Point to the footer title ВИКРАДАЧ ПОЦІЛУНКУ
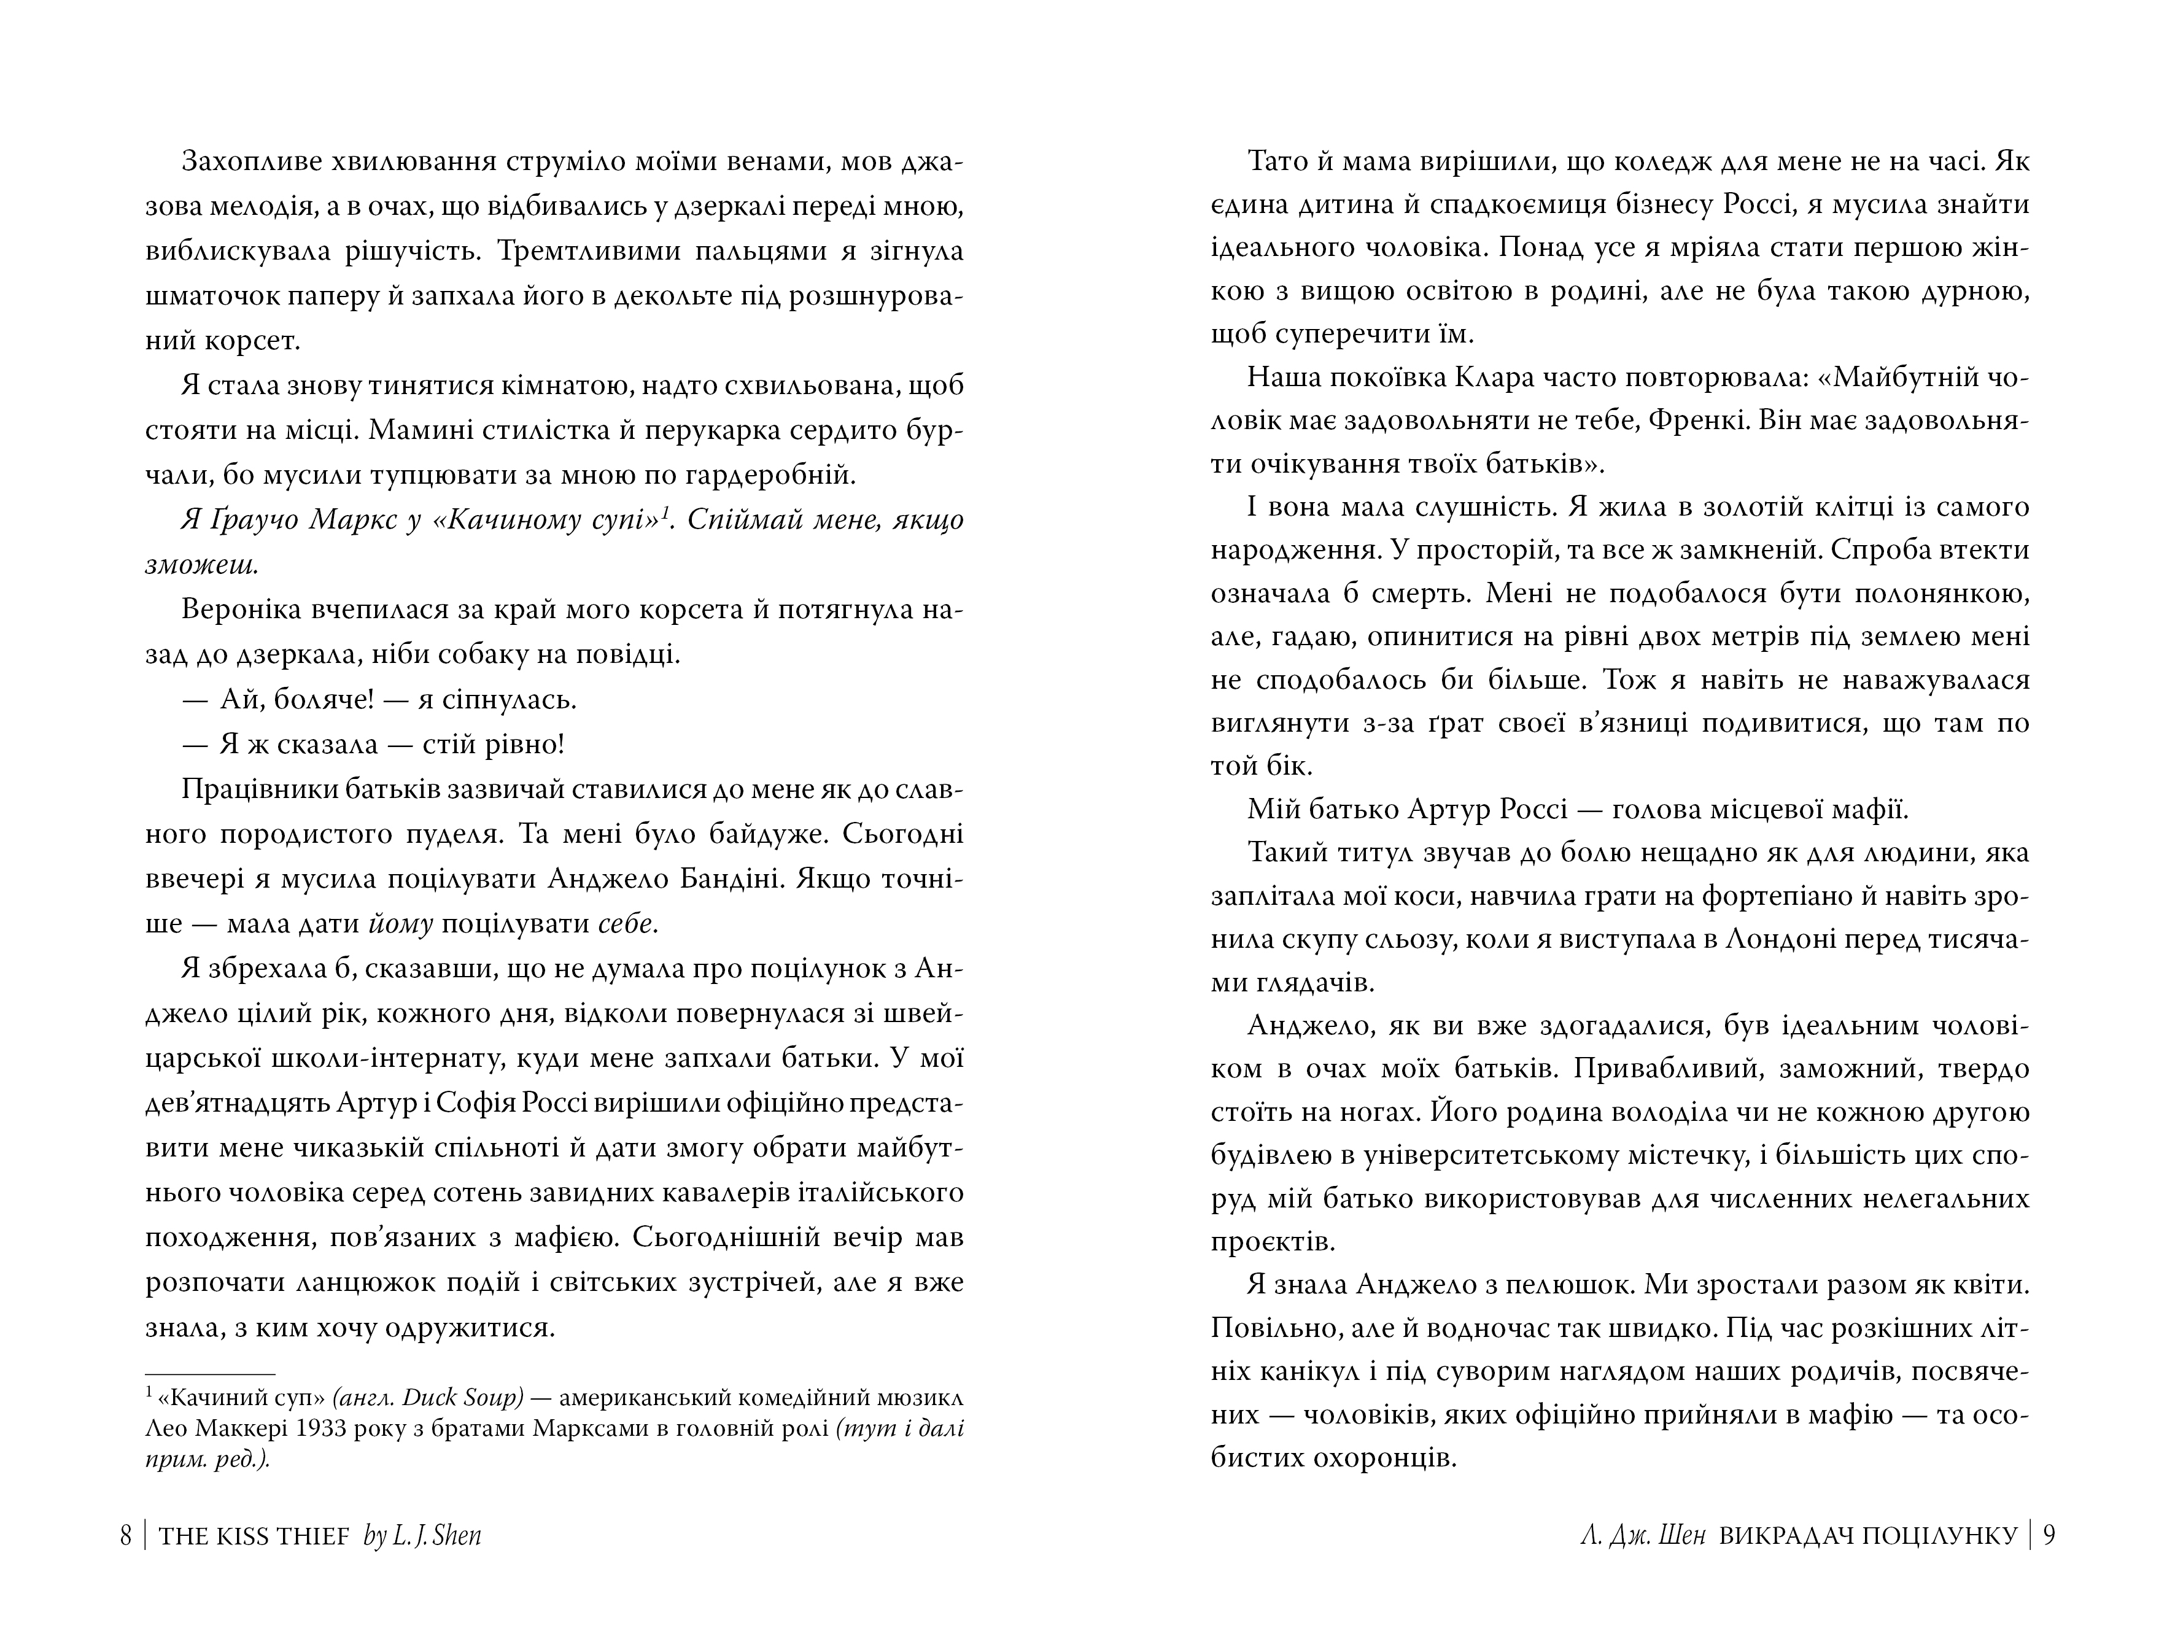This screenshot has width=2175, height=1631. pos(1868,1536)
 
